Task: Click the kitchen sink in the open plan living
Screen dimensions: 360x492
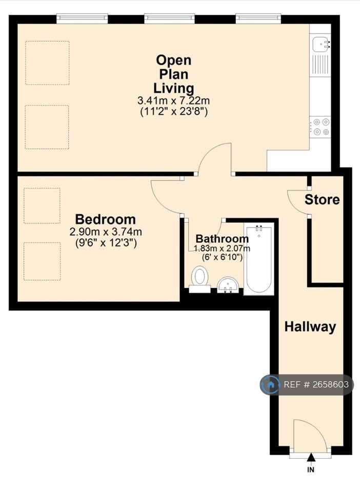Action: pyautogui.click(x=321, y=44)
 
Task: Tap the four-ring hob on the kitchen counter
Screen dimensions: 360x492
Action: pyautogui.click(x=320, y=127)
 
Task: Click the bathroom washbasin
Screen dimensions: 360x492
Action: pyautogui.click(x=228, y=284)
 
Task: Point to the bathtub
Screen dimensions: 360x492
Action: pyautogui.click(x=259, y=259)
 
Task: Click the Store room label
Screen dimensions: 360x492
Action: pyautogui.click(x=322, y=199)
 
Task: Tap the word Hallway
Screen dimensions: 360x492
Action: pyautogui.click(x=310, y=326)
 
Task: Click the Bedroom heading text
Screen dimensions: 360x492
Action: pyautogui.click(x=106, y=219)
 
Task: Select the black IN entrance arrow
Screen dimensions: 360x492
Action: pyautogui.click(x=311, y=457)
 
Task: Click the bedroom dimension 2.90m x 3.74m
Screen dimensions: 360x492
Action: pyautogui.click(x=106, y=232)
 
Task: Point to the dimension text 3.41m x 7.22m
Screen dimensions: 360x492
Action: pyautogui.click(x=173, y=101)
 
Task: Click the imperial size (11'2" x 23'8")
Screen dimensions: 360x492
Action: pyautogui.click(x=173, y=112)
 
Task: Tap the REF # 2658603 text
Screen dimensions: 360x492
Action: pyautogui.click(x=316, y=384)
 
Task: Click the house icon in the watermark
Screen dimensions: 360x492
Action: pyautogui.click(x=271, y=384)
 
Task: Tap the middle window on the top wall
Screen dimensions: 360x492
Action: pyautogui.click(x=169, y=18)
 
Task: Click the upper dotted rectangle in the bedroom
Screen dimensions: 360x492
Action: pyautogui.click(x=42, y=206)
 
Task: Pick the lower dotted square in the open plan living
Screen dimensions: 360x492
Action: pyautogui.click(x=47, y=127)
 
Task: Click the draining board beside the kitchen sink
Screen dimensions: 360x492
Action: pyautogui.click(x=320, y=65)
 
